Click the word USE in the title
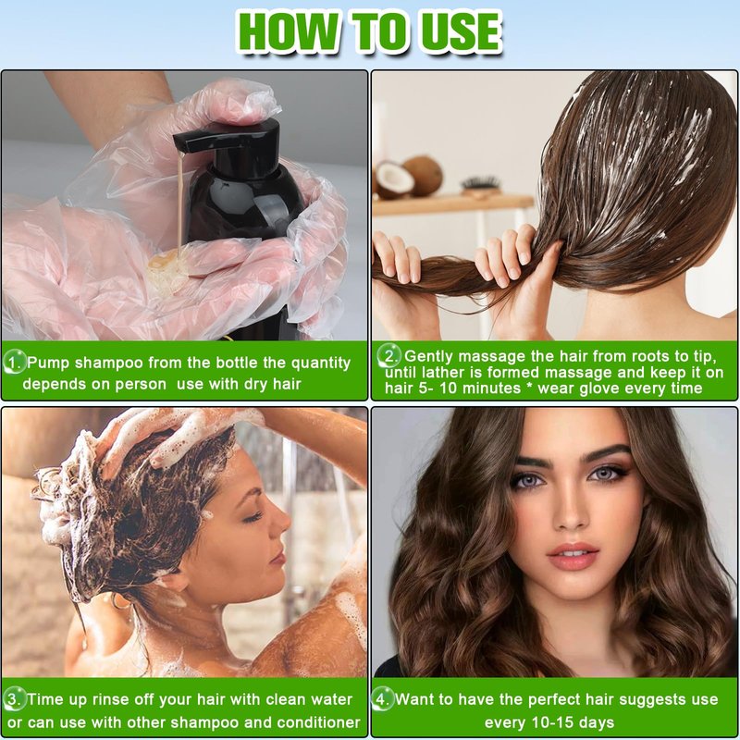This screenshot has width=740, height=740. (461, 32)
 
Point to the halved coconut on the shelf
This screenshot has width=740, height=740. (392, 179)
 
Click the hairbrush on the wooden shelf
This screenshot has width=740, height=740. (480, 184)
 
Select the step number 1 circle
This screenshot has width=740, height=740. (14, 363)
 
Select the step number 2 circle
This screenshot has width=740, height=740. (388, 356)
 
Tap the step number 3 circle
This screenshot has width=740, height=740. (14, 699)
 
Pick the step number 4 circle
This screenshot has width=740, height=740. (381, 699)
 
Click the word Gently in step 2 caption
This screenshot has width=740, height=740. (428, 357)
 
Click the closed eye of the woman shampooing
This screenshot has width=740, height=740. (253, 517)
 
